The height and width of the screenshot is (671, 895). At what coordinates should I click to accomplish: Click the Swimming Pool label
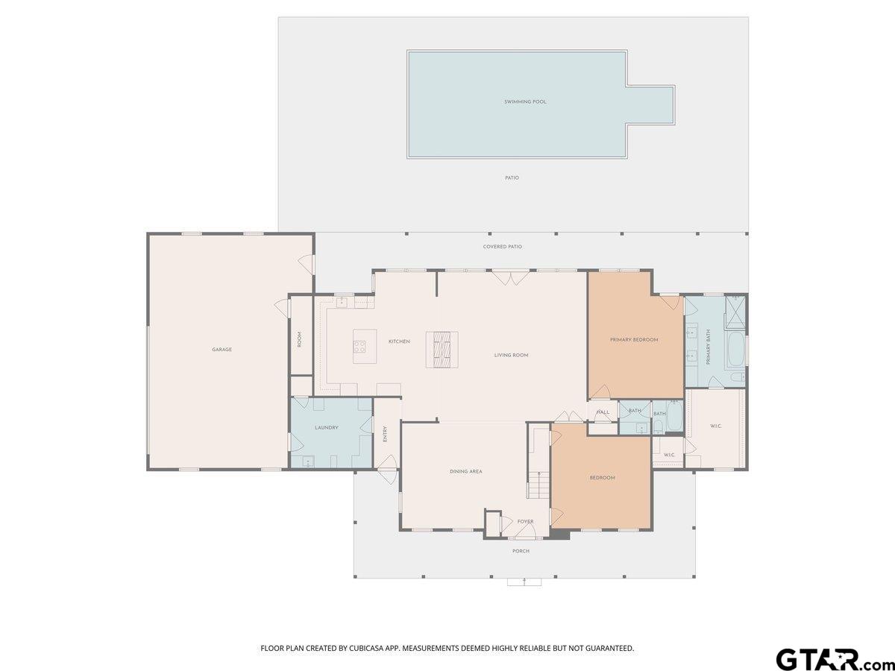pos(525,102)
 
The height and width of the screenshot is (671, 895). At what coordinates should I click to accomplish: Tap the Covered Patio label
pos(503,247)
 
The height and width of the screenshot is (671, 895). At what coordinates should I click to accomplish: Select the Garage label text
pos(222,350)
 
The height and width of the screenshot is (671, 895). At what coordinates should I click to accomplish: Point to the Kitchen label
pos(399,341)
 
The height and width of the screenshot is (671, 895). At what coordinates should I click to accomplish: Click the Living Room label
pos(512,356)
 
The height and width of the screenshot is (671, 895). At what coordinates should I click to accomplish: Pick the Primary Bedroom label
pos(634,340)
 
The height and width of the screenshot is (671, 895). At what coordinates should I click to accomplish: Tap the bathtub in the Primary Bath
pos(736,349)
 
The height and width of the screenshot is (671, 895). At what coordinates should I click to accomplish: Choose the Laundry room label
pos(327,428)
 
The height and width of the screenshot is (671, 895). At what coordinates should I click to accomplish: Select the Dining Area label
pos(466,471)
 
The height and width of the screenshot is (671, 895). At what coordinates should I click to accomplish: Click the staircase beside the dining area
pos(538,484)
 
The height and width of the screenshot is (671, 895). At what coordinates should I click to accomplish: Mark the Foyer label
pos(526,521)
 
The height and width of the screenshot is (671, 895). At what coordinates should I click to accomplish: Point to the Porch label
pos(521,551)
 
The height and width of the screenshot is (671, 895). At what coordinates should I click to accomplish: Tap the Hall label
pos(603,412)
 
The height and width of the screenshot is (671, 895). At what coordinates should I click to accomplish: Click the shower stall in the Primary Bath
pos(735,312)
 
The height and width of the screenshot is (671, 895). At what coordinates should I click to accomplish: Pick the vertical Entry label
pos(386,435)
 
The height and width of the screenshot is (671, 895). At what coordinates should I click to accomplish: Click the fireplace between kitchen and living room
pos(442,350)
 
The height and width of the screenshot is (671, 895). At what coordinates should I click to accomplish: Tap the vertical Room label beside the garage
pos(299,339)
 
